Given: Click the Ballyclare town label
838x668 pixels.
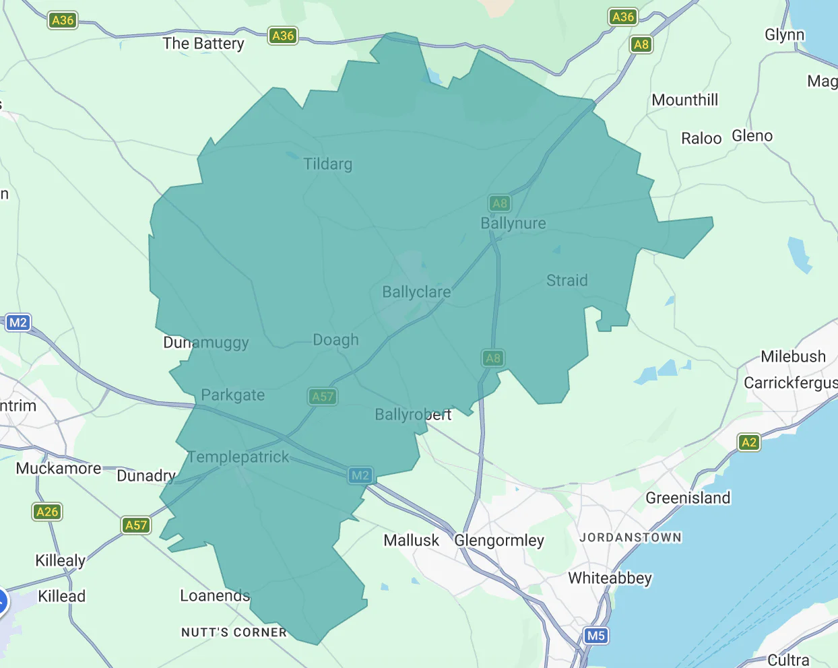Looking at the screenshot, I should [x=416, y=292].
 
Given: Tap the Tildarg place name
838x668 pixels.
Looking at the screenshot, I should [x=327, y=164].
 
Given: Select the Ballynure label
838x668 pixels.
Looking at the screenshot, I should [x=513, y=224].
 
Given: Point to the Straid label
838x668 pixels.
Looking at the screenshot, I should [x=567, y=281].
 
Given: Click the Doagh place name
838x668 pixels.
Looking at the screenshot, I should [x=335, y=340].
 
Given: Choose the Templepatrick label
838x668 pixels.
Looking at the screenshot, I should [x=238, y=457].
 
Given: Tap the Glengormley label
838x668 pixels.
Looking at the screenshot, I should [x=499, y=541].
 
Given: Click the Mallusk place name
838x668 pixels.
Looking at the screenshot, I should [x=411, y=541].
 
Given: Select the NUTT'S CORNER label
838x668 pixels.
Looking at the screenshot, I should [x=234, y=632].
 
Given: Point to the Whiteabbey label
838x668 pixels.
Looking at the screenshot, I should [x=610, y=578].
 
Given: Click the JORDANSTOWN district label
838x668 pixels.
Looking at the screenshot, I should [x=631, y=537].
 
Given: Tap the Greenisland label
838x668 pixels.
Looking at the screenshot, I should [x=688, y=498].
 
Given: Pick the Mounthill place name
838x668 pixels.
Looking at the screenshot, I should [x=685, y=100].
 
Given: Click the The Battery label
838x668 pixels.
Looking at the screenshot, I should [x=203, y=44].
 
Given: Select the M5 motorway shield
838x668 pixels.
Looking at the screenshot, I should [x=595, y=636].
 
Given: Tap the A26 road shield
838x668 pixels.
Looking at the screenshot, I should [x=47, y=512].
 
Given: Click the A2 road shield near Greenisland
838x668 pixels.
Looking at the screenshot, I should [x=749, y=442].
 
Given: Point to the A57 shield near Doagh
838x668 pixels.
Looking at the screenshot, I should [x=323, y=397].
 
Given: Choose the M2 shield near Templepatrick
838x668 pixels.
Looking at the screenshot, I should [x=360, y=475].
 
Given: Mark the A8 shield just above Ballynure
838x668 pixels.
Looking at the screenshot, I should [x=500, y=203].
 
